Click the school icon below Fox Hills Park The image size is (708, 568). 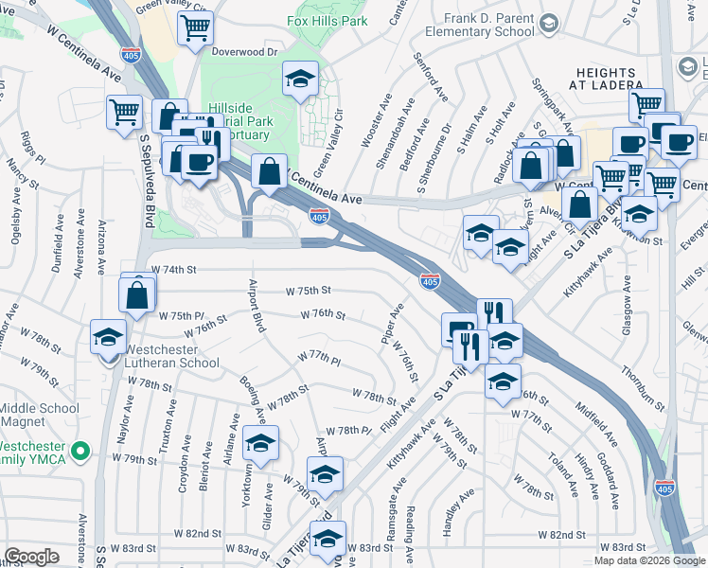coord(300,80)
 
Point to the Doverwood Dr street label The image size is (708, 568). coord(245,53)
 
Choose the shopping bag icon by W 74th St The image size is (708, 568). coord(137,294)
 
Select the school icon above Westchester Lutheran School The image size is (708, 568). coord(108,336)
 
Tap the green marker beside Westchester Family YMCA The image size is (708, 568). coord(81,451)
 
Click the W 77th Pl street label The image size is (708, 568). coord(318,357)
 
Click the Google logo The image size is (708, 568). coord(32,557)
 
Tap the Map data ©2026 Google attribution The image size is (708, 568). coord(648,560)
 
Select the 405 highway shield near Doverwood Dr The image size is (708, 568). coord(131,55)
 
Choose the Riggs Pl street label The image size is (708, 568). coord(26,147)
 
